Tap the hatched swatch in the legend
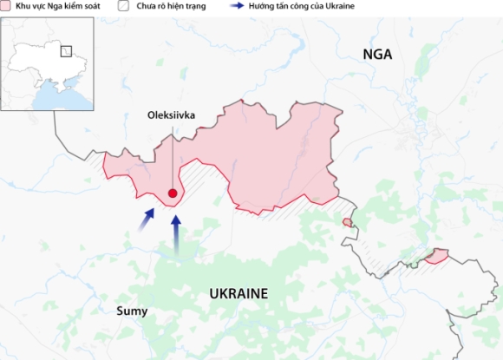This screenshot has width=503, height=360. coord(125,5)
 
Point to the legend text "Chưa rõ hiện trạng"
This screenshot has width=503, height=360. coord(170,5)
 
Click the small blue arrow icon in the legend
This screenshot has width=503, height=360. coord(234,5)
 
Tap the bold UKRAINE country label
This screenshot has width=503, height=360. coord(238,293)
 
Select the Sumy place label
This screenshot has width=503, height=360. coord(134,311)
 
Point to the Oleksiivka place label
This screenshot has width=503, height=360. coord(172,114)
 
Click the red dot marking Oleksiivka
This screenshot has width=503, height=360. coord(173,193)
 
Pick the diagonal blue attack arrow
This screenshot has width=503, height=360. coord(146,220)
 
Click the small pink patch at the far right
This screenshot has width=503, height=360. coord(436,256)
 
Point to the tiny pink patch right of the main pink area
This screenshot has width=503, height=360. coord(348,223)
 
